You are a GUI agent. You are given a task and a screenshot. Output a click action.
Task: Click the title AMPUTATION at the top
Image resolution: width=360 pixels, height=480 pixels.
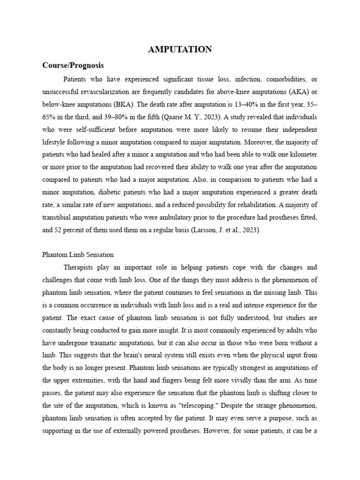tap(180, 49)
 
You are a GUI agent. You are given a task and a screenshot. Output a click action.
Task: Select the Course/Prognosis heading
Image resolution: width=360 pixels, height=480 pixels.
tap(73, 65)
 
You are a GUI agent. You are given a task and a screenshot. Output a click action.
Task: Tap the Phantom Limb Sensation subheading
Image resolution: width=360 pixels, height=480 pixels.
tap(78, 255)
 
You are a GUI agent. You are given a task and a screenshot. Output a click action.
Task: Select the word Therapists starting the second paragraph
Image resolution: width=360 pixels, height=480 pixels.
tap(81, 267)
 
